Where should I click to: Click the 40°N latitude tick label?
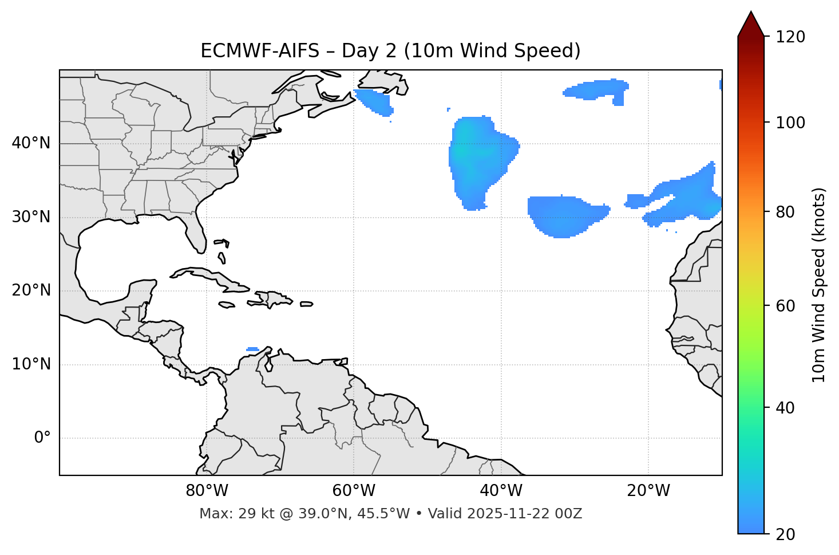click(31, 143)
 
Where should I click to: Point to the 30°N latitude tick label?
click(31, 217)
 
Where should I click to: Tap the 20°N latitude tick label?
click(31, 290)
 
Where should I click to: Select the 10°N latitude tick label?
click(31, 364)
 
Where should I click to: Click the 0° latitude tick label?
click(42, 438)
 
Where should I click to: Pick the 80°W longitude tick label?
click(207, 491)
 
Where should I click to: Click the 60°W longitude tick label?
click(354, 491)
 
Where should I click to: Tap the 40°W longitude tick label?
click(501, 491)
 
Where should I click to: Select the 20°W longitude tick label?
click(648, 491)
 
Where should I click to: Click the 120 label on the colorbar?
click(790, 37)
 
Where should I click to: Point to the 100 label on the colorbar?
click(790, 123)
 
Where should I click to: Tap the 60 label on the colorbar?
click(785, 306)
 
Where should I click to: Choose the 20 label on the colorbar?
click(785, 534)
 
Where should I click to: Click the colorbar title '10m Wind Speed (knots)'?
click(819, 285)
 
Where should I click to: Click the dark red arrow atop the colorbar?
click(750, 24)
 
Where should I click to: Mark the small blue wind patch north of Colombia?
click(252, 349)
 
